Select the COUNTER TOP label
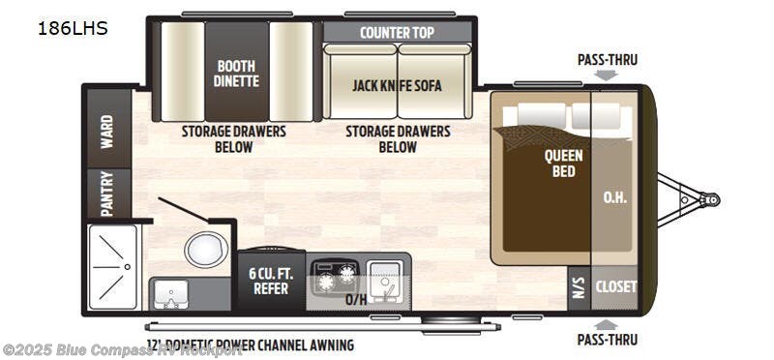pyautogui.click(x=397, y=32)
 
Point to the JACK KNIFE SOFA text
pyautogui.click(x=397, y=85)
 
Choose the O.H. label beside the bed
pyautogui.click(x=615, y=198)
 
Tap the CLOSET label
pyautogui.click(x=616, y=287)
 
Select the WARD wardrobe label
pyautogui.click(x=106, y=128)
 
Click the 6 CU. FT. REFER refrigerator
pyautogui.click(x=271, y=281)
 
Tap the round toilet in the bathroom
pyautogui.click(x=205, y=250)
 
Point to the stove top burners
pyautogui.click(x=335, y=275)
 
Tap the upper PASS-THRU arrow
pyautogui.click(x=607, y=75)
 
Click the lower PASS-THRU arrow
pyautogui.click(x=607, y=324)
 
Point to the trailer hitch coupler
pyautogui.click(x=710, y=199)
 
